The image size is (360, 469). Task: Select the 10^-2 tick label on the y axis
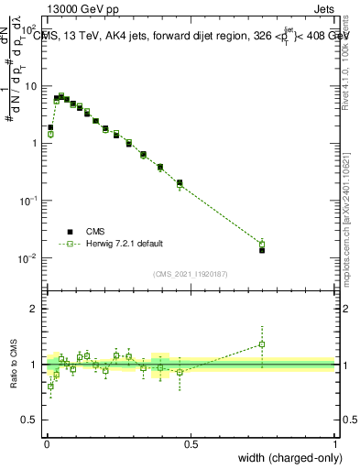click(x=28, y=257)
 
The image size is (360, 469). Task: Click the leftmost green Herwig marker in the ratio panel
click(x=50, y=386)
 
